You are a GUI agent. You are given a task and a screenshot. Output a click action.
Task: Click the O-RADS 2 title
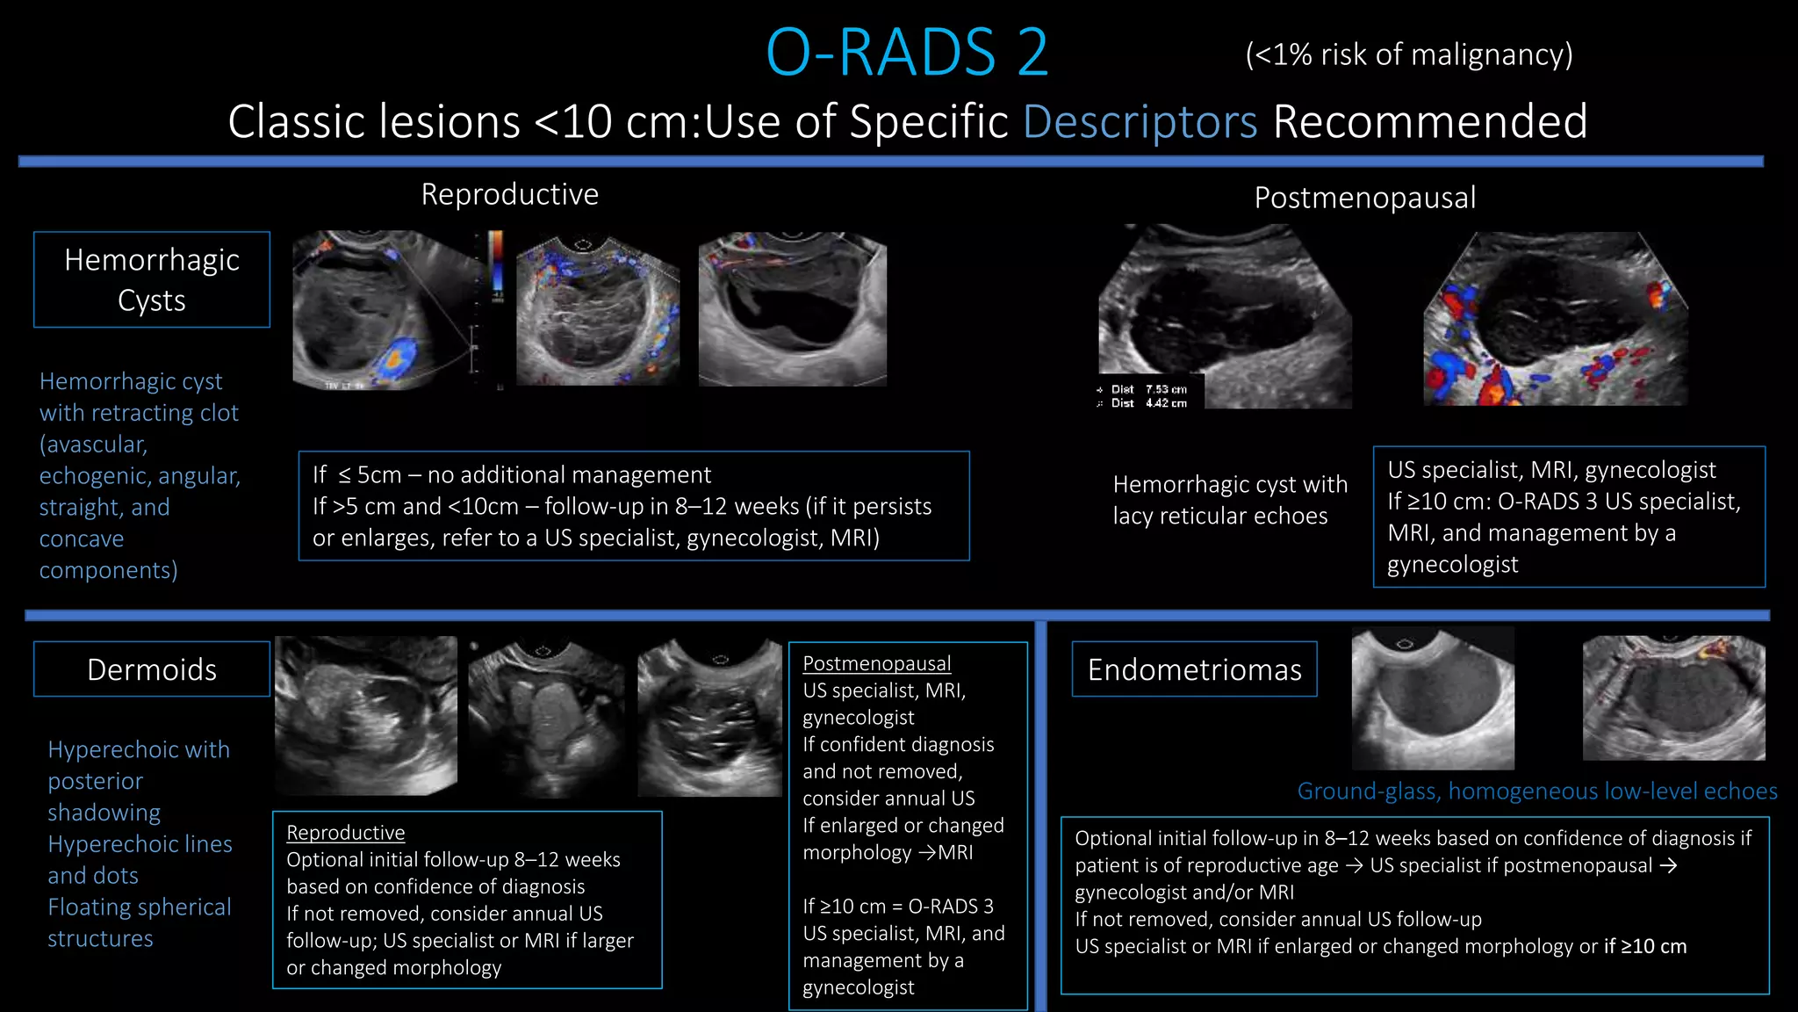[907, 52]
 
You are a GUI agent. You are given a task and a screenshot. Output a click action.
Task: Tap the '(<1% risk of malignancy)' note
[1408, 54]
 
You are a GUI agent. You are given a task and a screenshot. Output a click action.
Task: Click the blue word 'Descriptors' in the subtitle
[1140, 121]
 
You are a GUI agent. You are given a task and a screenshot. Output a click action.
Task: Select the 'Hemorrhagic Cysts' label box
[152, 279]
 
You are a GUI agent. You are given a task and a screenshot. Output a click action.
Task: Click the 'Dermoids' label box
[152, 669]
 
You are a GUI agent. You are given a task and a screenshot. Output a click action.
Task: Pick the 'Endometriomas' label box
[1194, 669]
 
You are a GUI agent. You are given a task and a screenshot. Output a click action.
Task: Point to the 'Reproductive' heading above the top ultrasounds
[509, 194]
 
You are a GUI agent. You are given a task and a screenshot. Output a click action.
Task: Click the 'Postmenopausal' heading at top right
[1364, 198]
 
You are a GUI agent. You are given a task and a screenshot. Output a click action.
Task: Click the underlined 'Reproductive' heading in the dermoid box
[346, 832]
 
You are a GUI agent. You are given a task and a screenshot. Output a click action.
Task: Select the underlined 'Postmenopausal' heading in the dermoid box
[876, 663]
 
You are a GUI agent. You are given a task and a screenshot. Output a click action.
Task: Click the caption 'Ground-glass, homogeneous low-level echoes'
[1536, 792]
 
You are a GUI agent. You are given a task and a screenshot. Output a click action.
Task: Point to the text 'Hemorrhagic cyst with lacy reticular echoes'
[1229, 499]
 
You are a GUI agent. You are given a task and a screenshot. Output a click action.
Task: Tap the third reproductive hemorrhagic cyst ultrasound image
[792, 309]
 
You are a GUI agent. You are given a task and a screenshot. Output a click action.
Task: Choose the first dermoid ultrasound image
[366, 715]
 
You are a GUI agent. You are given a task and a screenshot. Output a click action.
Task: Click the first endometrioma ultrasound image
[1433, 699]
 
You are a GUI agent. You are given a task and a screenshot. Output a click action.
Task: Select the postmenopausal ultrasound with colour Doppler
[1555, 318]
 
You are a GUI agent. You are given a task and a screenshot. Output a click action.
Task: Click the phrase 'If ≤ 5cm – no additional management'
[511, 475]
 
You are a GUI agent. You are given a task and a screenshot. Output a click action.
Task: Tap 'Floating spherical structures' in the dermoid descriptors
[139, 922]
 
